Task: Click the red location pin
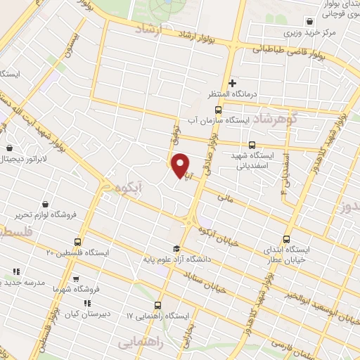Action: tap(181, 165)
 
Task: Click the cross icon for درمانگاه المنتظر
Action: tap(233, 83)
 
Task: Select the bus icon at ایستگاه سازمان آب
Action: tap(218, 110)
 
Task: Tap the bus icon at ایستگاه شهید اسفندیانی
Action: tap(252, 145)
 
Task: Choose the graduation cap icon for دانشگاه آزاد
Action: tap(176, 247)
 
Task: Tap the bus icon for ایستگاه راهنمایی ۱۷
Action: tap(157, 306)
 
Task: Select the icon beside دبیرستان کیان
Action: tap(86, 303)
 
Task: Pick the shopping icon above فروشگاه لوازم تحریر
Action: tap(46, 204)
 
